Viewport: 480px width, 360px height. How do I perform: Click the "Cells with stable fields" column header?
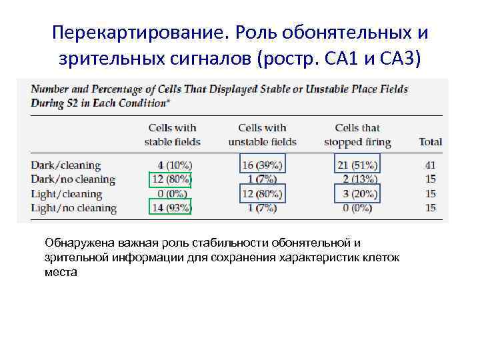pyautogui.click(x=172, y=135)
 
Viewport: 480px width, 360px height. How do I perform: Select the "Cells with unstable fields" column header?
pyautogui.click(x=262, y=135)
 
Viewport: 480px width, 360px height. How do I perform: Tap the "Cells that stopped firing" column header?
pyautogui.click(x=357, y=135)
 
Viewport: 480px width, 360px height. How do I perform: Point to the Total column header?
pyautogui.click(x=430, y=142)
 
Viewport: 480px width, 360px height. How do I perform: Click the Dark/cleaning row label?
pyautogui.click(x=65, y=165)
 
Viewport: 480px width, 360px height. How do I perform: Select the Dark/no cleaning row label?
pyautogui.click(x=73, y=179)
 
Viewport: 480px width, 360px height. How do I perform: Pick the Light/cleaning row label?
pyautogui.click(x=66, y=194)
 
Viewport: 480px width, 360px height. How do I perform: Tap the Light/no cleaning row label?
pyautogui.click(x=73, y=209)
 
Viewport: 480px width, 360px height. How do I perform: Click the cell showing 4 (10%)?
pyautogui.click(x=173, y=165)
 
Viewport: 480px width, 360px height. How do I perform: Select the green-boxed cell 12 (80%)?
pyautogui.click(x=170, y=179)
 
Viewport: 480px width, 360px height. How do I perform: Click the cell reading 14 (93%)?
pyautogui.click(x=170, y=208)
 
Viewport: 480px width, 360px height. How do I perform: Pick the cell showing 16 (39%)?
pyautogui.click(x=261, y=165)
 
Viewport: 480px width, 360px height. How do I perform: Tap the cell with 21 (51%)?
pyautogui.click(x=357, y=165)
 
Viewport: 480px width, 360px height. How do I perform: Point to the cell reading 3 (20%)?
pyautogui.click(x=357, y=194)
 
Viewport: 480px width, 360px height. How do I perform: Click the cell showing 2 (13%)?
pyautogui.click(x=357, y=179)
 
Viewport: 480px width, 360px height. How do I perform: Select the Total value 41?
pyautogui.click(x=430, y=165)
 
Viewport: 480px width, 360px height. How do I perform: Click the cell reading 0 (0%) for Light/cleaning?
pyautogui.click(x=173, y=194)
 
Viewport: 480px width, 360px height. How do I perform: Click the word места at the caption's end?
pyautogui.click(x=61, y=272)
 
